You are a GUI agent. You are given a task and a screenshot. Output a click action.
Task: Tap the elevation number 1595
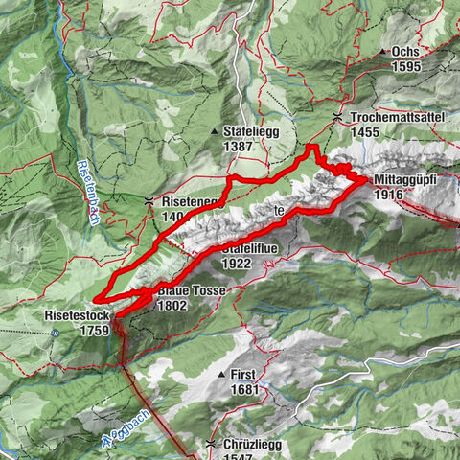(x=406, y=67)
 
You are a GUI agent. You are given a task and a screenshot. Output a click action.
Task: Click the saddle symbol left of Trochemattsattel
(x=337, y=117)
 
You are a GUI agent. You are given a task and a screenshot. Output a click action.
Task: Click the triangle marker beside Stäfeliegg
(x=214, y=130)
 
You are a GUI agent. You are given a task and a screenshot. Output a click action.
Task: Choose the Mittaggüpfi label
(x=404, y=179)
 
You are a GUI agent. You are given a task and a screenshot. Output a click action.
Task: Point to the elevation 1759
(x=94, y=329)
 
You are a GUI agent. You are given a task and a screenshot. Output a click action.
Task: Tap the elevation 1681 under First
(x=245, y=390)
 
